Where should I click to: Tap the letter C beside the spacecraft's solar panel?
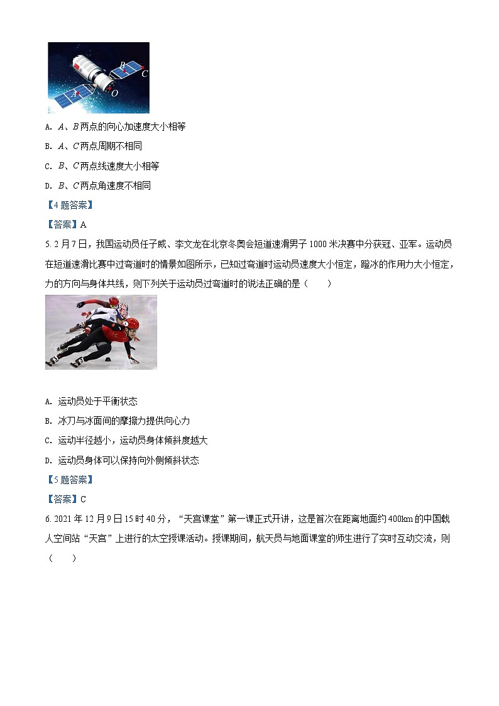[145, 73]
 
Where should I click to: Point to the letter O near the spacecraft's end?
[114, 93]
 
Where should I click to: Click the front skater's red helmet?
[131, 324]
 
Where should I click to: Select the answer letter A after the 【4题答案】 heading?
[83, 224]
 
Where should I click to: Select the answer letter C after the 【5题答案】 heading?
[83, 499]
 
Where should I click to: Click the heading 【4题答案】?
[69, 205]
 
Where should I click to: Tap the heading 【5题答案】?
[69, 480]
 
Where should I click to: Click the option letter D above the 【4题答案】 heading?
[48, 186]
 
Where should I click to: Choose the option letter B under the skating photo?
[48, 421]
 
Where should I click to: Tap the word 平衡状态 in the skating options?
[119, 401]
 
